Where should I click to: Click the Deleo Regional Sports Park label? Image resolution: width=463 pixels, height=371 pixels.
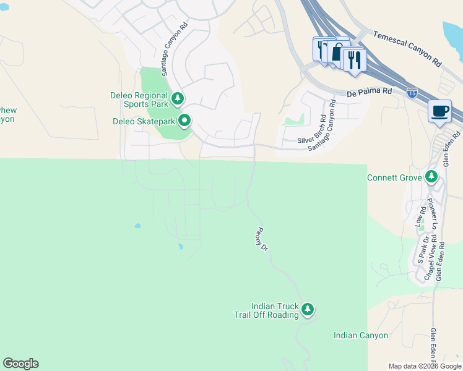point(139,101)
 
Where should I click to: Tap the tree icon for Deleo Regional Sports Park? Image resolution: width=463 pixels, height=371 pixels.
point(178,98)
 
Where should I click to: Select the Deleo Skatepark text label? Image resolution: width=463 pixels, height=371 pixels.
point(144,121)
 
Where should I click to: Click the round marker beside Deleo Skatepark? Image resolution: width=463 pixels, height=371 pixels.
point(184,120)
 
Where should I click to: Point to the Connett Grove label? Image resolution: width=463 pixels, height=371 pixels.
point(394,177)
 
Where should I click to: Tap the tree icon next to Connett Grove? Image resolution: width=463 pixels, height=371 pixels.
point(431,177)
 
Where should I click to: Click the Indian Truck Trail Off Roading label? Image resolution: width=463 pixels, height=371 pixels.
point(266,310)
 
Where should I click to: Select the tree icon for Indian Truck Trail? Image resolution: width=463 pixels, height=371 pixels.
point(308,309)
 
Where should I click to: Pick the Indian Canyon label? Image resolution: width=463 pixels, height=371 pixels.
point(361,335)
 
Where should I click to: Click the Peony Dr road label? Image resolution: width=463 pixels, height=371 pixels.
point(262,239)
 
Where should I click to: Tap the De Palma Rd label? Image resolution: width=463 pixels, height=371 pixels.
point(370,92)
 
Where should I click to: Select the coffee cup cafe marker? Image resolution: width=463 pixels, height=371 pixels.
point(439,111)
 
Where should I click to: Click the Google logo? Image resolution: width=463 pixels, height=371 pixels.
point(20,364)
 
